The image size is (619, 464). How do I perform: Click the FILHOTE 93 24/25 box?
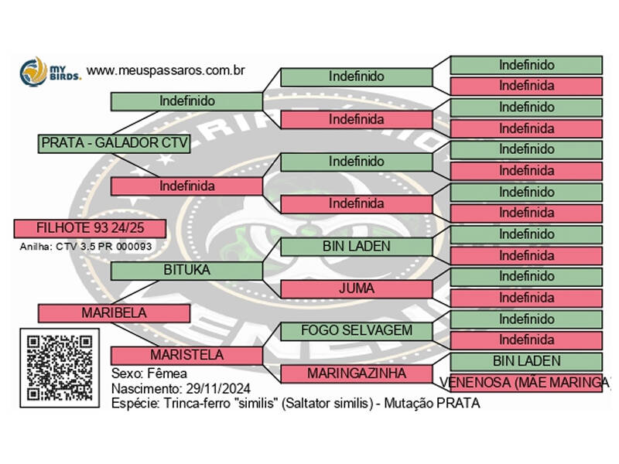90,228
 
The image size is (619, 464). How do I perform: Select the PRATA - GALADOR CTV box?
114,143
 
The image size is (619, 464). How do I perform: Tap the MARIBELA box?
114,313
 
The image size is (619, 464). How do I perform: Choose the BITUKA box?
186,270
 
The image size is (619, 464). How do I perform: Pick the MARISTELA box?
186,355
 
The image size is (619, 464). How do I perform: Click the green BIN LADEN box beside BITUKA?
356,247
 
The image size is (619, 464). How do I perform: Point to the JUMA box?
356,288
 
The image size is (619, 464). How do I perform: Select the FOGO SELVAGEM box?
356,331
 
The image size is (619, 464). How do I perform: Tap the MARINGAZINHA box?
356,374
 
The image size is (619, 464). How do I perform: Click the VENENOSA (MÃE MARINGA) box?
526,382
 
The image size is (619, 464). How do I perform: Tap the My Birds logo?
49,71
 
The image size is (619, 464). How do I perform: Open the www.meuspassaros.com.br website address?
166,70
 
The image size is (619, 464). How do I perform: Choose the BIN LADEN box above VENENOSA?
526,361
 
